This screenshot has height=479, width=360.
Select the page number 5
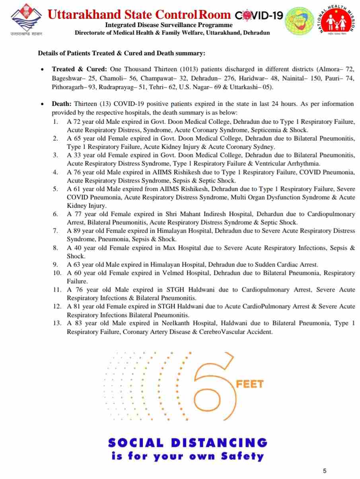click(x=325, y=471)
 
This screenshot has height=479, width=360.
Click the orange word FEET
click(x=250, y=384)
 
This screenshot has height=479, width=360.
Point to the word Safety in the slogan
click(x=241, y=456)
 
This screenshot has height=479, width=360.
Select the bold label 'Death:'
click(x=62, y=104)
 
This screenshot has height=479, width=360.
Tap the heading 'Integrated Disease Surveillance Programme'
click(x=169, y=25)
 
